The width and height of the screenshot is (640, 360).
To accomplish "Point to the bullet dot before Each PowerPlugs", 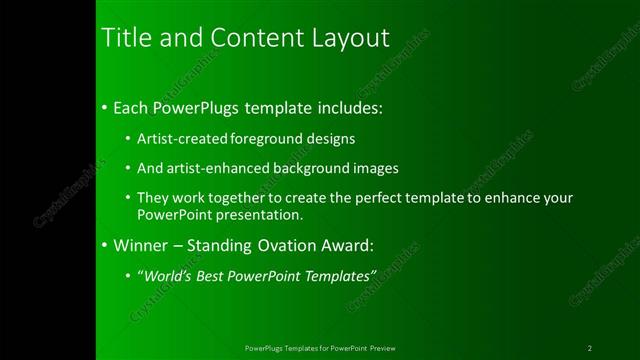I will (x=106, y=107).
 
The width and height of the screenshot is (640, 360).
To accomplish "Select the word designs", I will (x=330, y=138).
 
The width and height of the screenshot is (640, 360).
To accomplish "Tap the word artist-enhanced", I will (x=218, y=168).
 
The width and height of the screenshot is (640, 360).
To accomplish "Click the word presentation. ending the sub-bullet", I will (x=257, y=214).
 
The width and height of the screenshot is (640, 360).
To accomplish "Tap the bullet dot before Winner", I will (x=106, y=245).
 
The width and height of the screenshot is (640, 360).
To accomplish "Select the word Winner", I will (x=140, y=244).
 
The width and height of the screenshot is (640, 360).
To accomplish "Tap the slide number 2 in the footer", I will (x=590, y=348).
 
